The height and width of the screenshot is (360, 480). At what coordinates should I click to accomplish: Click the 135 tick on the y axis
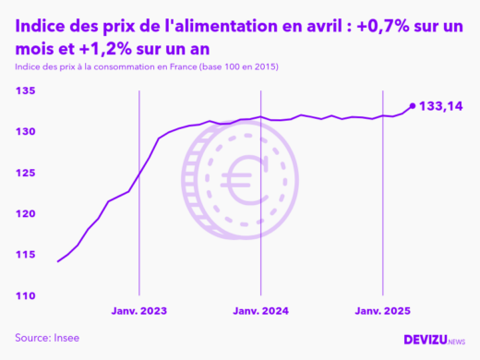[25, 90]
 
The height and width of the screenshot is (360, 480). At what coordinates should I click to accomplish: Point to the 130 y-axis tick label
[25, 132]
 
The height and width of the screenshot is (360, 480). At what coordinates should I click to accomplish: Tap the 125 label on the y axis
[25, 173]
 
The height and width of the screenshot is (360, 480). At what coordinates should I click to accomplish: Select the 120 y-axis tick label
[25, 213]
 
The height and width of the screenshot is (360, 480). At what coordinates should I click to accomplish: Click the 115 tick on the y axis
[25, 255]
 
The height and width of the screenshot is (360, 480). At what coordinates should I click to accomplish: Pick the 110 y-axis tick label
[25, 295]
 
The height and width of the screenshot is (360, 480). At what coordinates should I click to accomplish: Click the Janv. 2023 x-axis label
[139, 312]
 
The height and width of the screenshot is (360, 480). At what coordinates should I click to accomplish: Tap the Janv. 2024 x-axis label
[261, 312]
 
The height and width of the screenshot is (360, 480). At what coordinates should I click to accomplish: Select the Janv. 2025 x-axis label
[382, 312]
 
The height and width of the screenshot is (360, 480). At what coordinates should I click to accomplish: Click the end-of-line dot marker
[412, 106]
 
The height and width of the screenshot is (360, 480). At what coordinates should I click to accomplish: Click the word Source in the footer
[32, 338]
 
